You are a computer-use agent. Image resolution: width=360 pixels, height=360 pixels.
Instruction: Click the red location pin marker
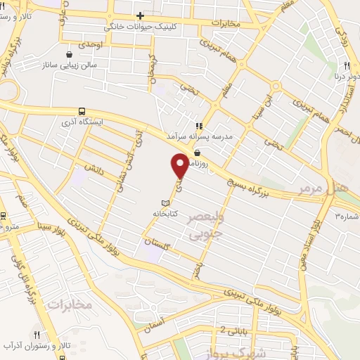point(180,165)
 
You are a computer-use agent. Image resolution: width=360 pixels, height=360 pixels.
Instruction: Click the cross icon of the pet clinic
point(141,15)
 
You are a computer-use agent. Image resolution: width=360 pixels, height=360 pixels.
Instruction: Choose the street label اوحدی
point(90,44)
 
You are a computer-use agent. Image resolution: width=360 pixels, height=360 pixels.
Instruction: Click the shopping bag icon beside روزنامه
point(196,153)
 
